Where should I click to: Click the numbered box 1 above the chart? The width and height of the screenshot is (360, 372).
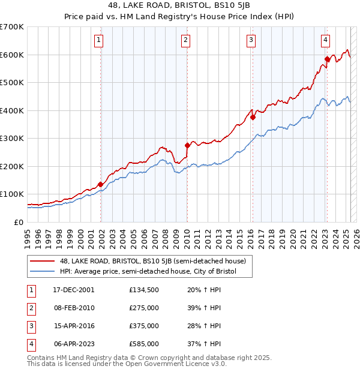pos(98,40)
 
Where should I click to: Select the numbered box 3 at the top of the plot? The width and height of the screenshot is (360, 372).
pos(251,40)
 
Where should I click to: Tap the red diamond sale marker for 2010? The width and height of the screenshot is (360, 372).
pos(187,145)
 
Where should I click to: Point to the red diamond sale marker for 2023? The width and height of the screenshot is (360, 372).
pos(328,59)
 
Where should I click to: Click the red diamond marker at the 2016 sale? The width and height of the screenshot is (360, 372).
pos(253,118)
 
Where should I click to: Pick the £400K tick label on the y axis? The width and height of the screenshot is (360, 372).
pos(12,110)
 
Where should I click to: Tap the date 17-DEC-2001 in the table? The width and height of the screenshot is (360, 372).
pos(74,290)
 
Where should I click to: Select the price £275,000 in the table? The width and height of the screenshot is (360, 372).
pos(144,308)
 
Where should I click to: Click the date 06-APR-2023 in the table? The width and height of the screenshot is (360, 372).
pos(74,344)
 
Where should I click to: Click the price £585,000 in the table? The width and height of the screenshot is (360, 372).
pos(144,344)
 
